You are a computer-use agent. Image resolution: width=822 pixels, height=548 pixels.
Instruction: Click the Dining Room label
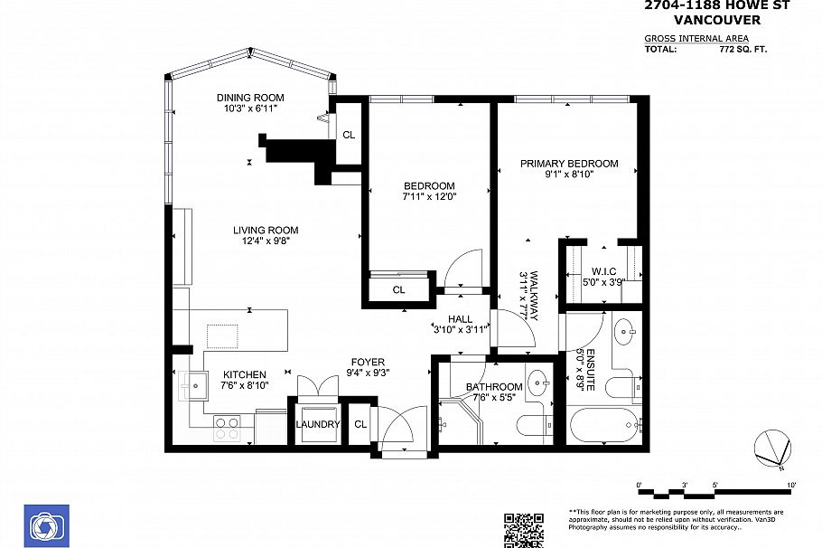click(250, 98)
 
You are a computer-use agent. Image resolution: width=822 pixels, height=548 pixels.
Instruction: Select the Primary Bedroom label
click(569, 164)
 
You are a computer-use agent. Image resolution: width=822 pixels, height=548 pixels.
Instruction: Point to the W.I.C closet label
click(603, 270)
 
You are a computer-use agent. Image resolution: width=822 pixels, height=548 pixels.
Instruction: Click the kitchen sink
click(193, 386)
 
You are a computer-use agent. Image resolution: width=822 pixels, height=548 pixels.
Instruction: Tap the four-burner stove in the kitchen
click(227, 428)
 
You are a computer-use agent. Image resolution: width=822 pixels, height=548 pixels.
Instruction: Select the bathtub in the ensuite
click(602, 424)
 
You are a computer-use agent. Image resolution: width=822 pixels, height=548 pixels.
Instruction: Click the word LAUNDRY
click(318, 424)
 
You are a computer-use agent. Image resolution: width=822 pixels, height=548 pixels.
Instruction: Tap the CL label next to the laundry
click(360, 424)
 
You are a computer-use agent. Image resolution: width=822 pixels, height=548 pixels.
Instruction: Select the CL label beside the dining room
click(349, 135)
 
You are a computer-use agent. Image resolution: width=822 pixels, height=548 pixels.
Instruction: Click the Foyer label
click(368, 362)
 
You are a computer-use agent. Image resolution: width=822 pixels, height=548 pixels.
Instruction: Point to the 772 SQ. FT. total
click(742, 50)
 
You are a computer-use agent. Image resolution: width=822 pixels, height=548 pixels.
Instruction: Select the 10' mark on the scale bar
click(791, 486)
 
